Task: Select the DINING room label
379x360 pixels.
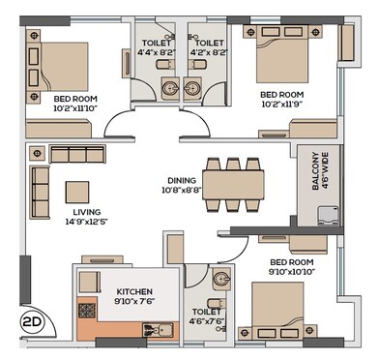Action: pos(182,180)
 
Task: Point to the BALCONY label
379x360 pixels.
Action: pos(314,180)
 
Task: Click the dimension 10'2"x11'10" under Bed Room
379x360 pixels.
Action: pos(76,109)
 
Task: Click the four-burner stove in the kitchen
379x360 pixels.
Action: pos(85,314)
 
